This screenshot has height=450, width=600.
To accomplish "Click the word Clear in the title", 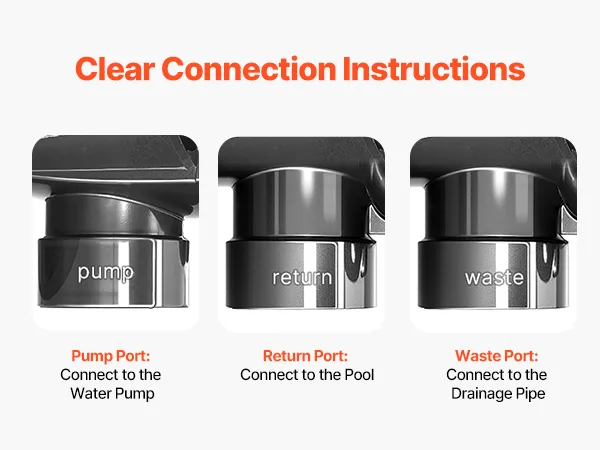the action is click(115, 69).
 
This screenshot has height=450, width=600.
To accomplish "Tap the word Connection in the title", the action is click(249, 69).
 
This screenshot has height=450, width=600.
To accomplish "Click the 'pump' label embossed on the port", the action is click(106, 273).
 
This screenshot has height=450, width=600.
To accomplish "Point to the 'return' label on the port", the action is click(302, 277).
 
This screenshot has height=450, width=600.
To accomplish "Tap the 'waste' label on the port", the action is click(494, 277).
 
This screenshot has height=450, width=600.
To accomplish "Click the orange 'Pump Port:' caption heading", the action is click(111, 356).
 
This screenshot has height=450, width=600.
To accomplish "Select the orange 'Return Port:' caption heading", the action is click(305, 356).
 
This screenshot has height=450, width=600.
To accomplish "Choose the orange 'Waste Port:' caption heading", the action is click(497, 356).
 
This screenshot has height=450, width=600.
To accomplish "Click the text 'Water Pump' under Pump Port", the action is click(112, 393).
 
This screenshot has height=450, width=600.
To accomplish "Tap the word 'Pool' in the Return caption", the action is click(359, 375).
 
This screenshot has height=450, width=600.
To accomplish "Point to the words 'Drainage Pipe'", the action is click(498, 394).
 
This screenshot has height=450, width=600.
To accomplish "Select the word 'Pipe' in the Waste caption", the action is click(530, 394).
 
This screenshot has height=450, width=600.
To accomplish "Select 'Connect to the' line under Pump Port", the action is click(111, 375).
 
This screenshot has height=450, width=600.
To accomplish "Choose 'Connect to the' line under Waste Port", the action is click(497, 375).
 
